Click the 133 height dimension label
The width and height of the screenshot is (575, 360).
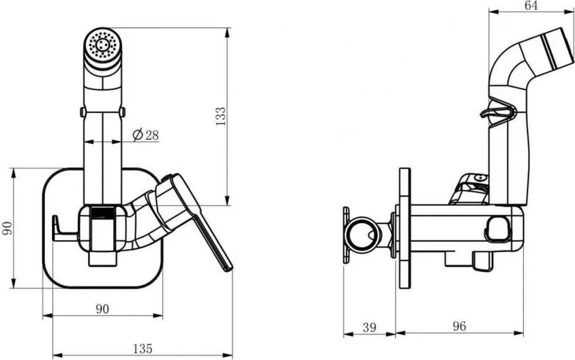tap(221, 117)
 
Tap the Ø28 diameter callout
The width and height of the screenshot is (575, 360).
tap(145, 135)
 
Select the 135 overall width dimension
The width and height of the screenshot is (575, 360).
tap(143, 348)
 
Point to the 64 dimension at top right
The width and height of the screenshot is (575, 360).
tap(531, 5)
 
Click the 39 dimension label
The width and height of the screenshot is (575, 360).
tap(369, 327)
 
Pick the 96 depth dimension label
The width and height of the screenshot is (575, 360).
tap(459, 326)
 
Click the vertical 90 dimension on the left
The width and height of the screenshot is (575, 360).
tap(8, 228)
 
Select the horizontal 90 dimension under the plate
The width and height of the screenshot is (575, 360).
tap(103, 309)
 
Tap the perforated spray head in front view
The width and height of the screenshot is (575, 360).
tap(103, 47)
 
